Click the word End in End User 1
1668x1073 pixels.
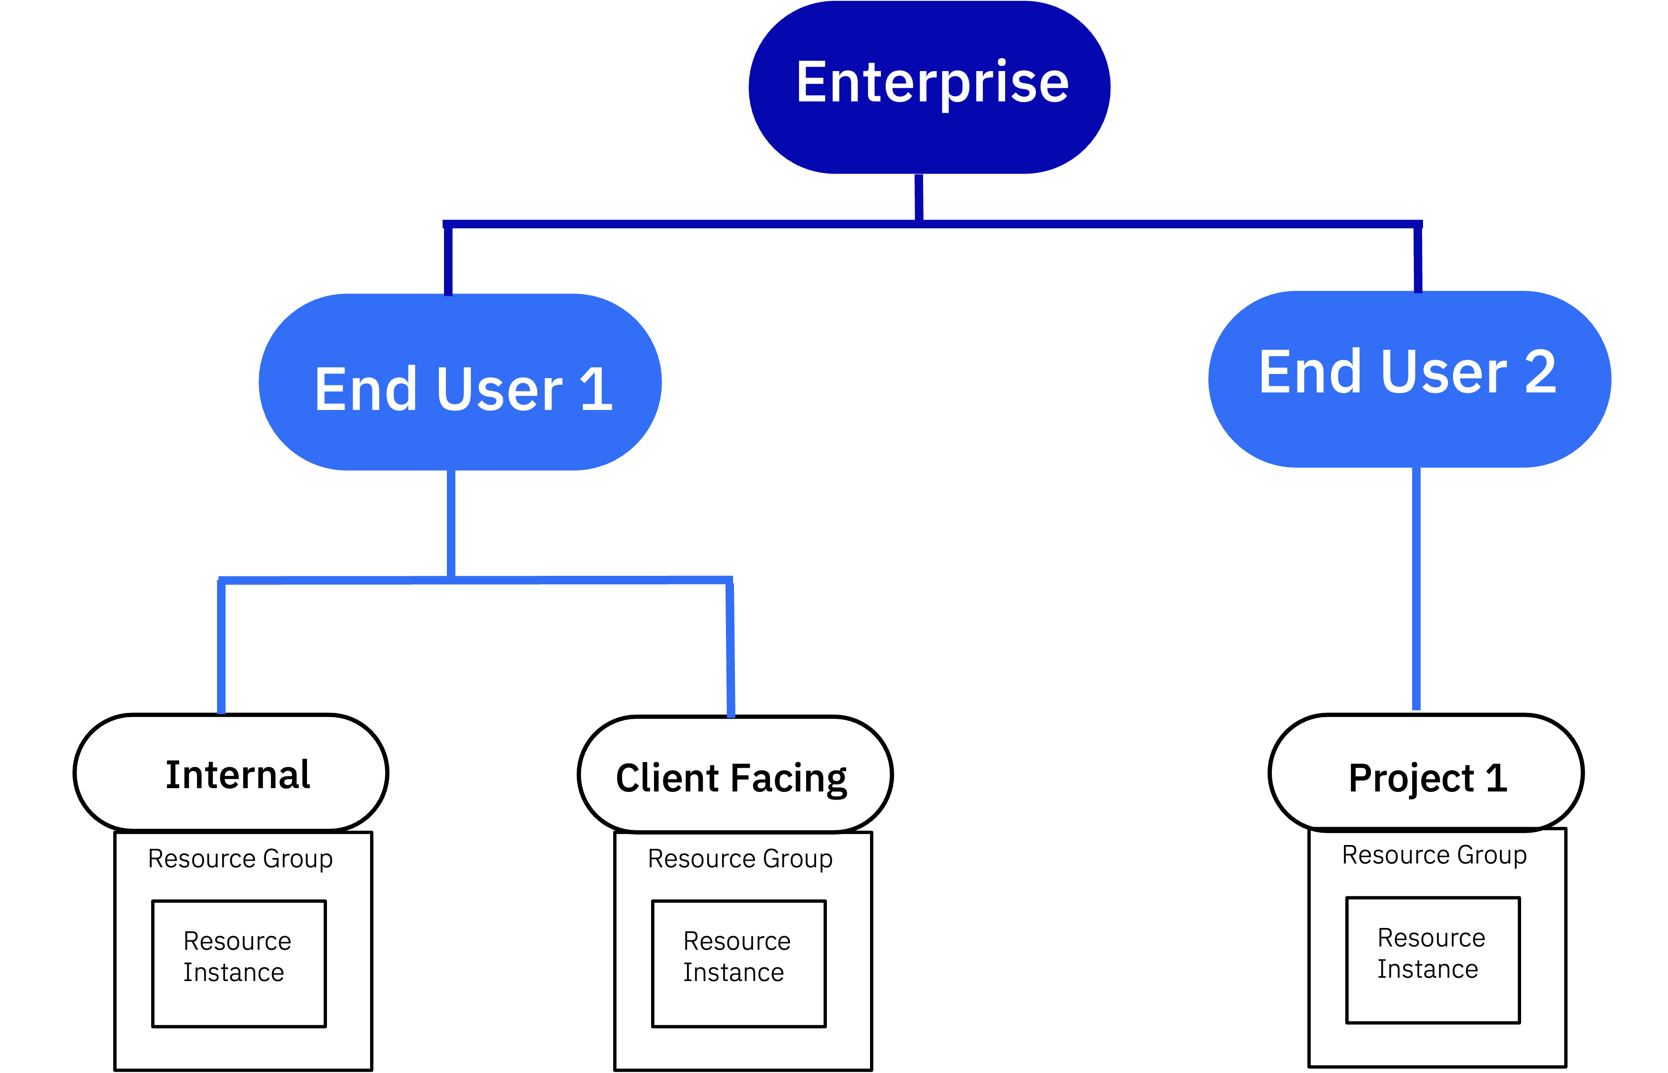[365, 389]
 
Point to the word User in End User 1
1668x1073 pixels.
[499, 389]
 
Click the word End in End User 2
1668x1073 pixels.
[1309, 372]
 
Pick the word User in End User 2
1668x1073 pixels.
[1443, 372]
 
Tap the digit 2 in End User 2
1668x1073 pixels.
[1541, 372]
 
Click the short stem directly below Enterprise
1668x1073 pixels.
[919, 197]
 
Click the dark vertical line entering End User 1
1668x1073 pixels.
[448, 261]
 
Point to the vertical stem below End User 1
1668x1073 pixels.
[451, 523]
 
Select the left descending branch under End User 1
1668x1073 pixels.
[221, 648]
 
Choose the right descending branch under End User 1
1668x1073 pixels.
[730, 648]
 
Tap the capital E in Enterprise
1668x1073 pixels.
[811, 82]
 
